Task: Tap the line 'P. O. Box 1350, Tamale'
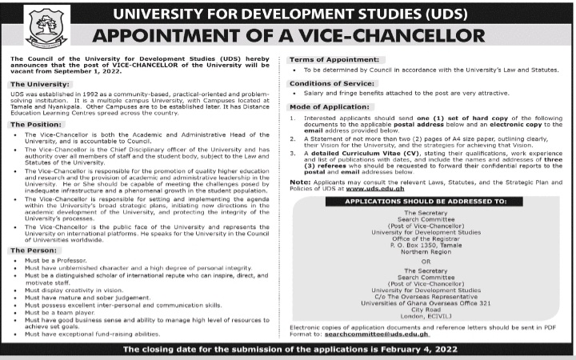point(425,243)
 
